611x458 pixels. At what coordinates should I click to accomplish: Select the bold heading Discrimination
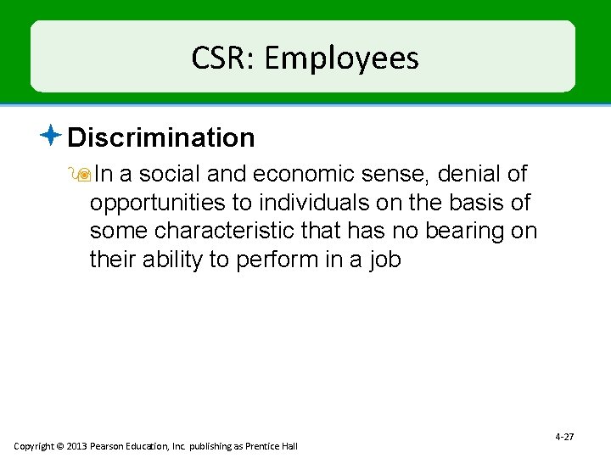pyautogui.click(x=161, y=137)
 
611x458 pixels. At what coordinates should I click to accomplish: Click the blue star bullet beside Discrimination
pyautogui.click(x=53, y=134)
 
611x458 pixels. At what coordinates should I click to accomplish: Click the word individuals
pyautogui.click(x=311, y=203)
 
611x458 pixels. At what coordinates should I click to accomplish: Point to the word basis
pyautogui.click(x=476, y=203)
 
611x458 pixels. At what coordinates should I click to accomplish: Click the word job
pyautogui.click(x=386, y=260)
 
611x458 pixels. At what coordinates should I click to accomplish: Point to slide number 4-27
pyautogui.click(x=564, y=437)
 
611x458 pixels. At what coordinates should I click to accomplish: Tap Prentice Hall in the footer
pyautogui.click(x=272, y=446)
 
